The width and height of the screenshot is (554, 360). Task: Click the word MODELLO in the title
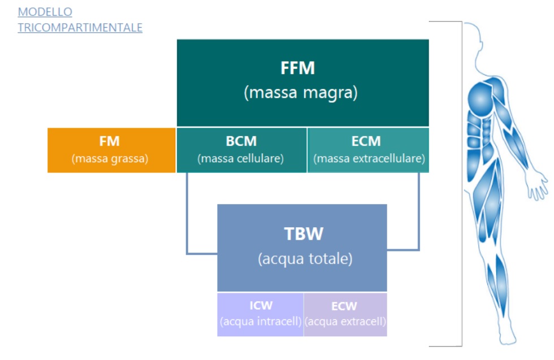(45, 12)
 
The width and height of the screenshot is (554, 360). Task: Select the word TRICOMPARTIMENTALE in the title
(80, 28)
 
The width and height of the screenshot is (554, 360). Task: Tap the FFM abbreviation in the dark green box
(297, 68)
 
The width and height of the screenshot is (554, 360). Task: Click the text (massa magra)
(301, 93)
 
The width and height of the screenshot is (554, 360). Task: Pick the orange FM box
(111, 150)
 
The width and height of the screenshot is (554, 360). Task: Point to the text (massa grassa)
(110, 159)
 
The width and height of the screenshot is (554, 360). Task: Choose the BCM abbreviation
(241, 141)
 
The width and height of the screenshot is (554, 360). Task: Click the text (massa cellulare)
(241, 159)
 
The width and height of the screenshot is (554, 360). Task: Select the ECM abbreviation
(366, 141)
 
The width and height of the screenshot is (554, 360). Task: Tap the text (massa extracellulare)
(369, 159)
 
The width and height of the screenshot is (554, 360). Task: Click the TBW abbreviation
(304, 234)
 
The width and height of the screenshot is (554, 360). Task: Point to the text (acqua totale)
(305, 259)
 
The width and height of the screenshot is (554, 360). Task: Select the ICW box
(261, 314)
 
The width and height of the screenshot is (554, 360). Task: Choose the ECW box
(345, 314)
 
